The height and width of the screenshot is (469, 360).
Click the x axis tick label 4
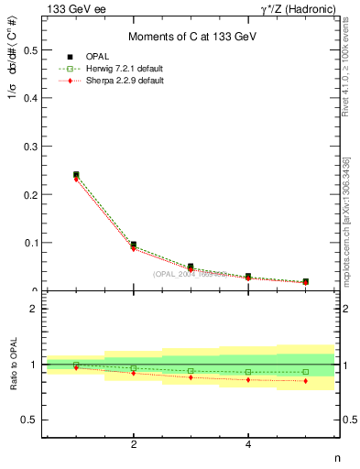(248, 444)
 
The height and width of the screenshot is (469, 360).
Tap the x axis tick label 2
(134, 444)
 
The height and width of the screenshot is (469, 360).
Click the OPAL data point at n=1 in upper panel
(76, 174)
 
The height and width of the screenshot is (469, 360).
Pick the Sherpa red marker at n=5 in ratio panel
(305, 381)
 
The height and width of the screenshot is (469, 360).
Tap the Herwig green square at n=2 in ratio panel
(134, 367)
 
